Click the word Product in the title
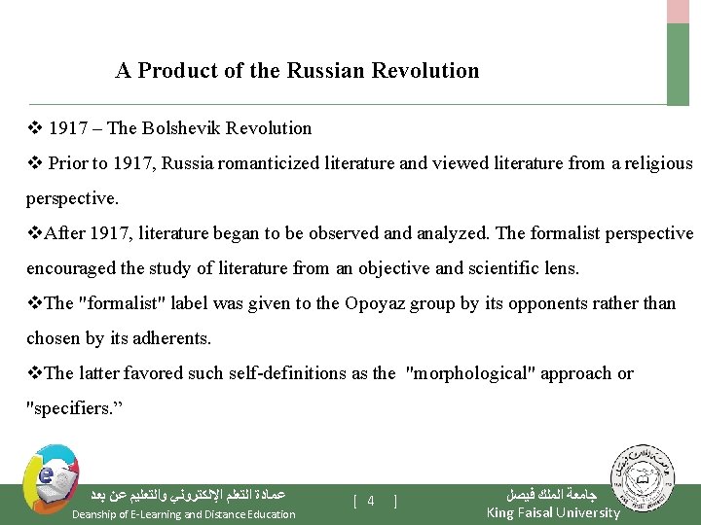pos(171,71)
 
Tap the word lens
pos(564,268)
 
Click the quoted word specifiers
pos(69,408)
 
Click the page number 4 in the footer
pos(371,501)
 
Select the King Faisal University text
pos(552,512)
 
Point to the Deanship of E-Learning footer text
pos(184,514)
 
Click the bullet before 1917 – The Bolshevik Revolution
pos(33,128)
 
